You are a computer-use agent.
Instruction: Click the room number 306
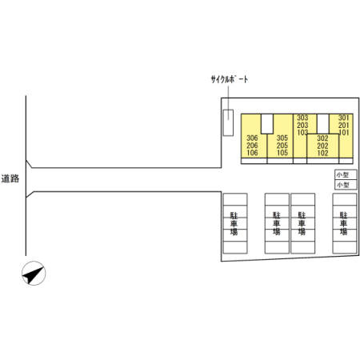coord(252,138)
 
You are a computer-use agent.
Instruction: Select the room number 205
coord(282,146)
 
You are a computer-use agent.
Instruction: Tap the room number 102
coord(322,153)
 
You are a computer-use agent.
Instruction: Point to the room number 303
coord(302,118)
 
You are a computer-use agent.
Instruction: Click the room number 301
coord(344,118)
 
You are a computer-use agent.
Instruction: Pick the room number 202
coord(322,146)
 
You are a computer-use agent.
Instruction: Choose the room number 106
coord(252,153)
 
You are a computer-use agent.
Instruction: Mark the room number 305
coord(282,138)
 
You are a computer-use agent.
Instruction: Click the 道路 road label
coord(10,178)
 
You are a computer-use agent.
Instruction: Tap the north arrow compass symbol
coord(34,274)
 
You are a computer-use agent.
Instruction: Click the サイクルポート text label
coord(230,79)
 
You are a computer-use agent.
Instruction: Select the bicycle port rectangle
coord(228,122)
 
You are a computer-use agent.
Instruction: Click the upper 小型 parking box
coord(346,175)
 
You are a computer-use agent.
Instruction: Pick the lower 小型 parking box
coord(346,185)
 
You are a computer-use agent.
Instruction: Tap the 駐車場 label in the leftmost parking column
coord(234,223)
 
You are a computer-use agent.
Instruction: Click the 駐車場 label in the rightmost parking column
coord(344,223)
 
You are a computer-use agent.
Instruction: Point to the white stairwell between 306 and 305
coord(267,124)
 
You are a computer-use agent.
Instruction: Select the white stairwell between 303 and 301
coord(323,124)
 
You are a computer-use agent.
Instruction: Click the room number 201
coord(344,125)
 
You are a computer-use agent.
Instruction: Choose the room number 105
coord(282,153)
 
